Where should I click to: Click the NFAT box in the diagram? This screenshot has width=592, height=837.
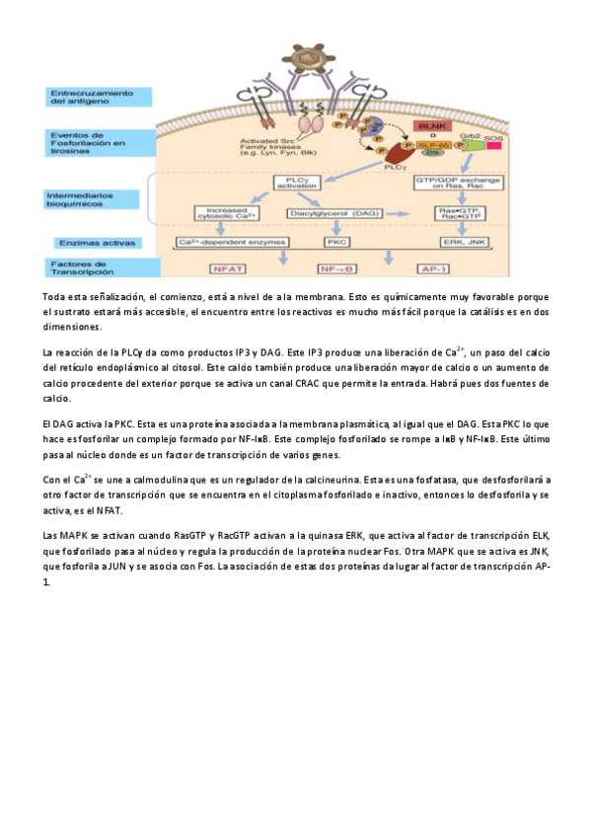pos(230,267)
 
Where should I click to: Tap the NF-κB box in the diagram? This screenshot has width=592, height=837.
pos(335,267)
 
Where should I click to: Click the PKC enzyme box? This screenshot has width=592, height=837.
pos(335,242)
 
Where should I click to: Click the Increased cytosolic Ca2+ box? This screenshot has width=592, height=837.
pos(230,212)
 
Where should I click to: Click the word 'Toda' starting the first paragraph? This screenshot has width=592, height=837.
pos(55,296)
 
